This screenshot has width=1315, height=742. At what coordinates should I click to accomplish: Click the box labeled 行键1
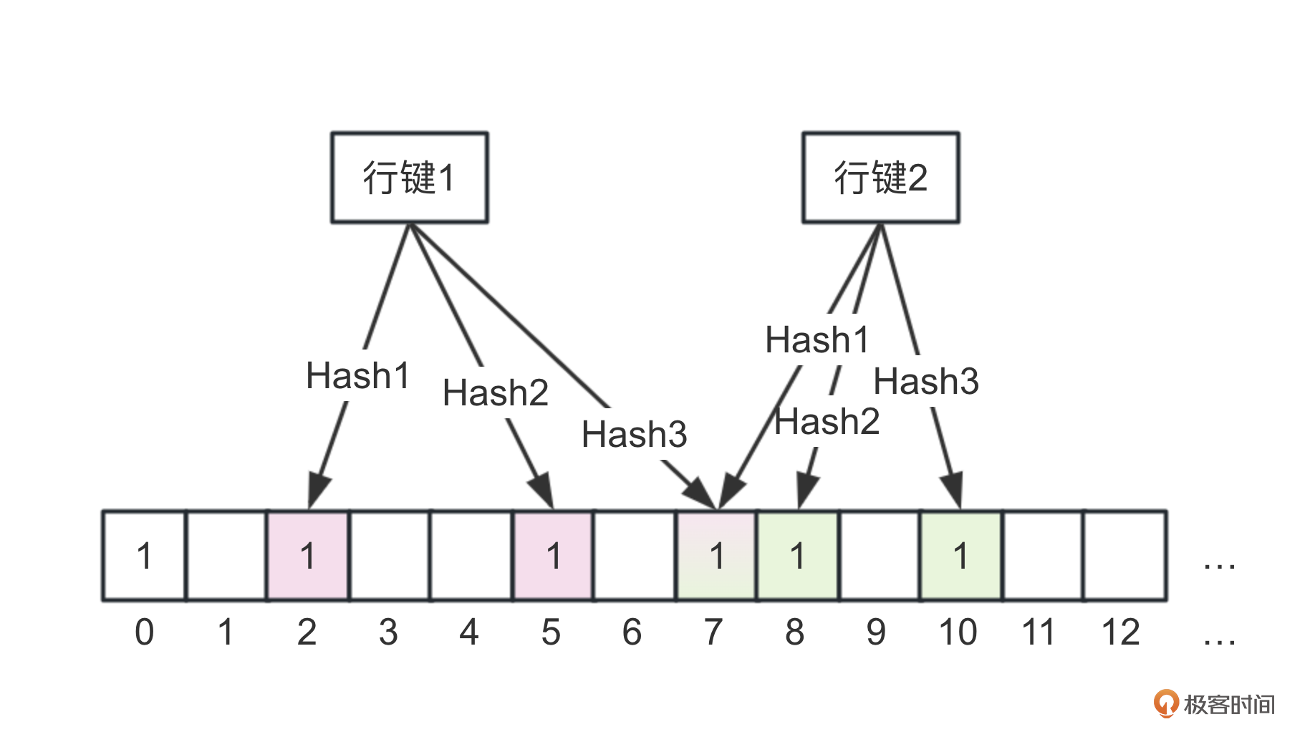(x=409, y=178)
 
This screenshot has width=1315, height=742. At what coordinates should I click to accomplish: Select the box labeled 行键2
(x=880, y=178)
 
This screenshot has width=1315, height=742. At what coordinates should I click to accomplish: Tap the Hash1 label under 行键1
(x=357, y=376)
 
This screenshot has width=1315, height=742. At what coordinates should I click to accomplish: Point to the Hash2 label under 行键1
(x=495, y=393)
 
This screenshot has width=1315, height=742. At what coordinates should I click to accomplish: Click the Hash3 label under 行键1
(x=634, y=435)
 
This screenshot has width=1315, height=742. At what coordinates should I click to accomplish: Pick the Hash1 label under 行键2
(x=817, y=340)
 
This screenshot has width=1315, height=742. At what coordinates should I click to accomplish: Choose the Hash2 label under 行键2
(x=827, y=422)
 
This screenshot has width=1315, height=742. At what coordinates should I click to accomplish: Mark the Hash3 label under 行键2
(x=925, y=382)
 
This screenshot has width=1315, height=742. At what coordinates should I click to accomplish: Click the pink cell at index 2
(x=308, y=556)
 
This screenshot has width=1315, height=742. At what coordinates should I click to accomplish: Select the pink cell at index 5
(x=553, y=556)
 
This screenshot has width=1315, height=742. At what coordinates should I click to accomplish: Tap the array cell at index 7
(x=716, y=556)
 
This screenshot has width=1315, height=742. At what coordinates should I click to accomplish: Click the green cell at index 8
(x=798, y=556)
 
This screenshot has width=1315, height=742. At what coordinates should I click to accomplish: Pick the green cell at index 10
(x=961, y=556)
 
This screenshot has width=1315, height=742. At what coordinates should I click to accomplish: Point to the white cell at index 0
(x=145, y=556)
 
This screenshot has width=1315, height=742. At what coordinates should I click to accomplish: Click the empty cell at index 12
(x=1124, y=556)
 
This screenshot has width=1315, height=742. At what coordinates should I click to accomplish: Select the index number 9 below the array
(x=876, y=632)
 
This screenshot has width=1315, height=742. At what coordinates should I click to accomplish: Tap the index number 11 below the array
(x=1039, y=632)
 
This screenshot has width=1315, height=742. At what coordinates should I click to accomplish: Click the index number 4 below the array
(x=469, y=632)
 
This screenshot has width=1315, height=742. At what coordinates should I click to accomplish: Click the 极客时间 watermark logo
(x=1215, y=704)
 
